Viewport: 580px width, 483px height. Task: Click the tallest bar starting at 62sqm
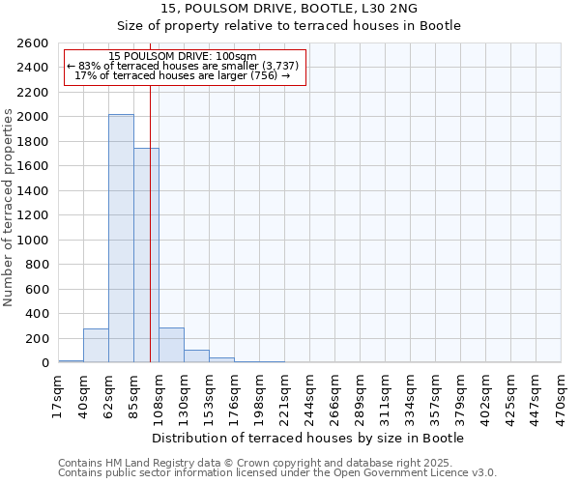(121, 239)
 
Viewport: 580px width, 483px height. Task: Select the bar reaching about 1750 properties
(146, 255)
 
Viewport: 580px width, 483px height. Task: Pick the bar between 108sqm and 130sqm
(171, 346)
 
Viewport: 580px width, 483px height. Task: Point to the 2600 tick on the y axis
(33, 43)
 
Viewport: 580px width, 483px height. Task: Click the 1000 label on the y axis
(33, 241)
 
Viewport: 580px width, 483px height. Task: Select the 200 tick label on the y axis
(37, 339)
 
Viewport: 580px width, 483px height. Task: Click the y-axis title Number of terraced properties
(9, 208)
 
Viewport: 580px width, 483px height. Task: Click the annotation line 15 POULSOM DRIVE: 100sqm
(183, 56)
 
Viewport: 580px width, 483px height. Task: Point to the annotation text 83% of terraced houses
(183, 66)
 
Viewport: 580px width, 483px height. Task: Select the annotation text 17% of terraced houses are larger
(183, 75)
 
